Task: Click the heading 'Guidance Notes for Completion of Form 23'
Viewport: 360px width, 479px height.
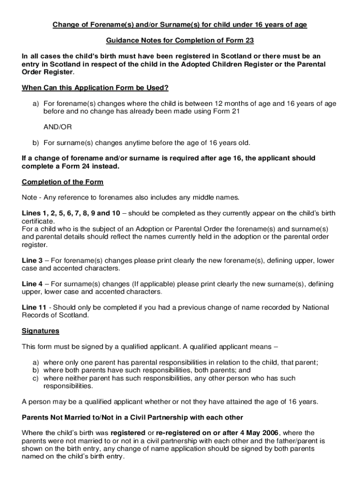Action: coord(180,41)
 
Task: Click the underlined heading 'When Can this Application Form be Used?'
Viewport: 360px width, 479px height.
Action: coord(95,88)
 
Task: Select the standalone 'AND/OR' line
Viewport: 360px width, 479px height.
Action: coord(58,127)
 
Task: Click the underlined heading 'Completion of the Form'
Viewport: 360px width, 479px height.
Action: coord(63,182)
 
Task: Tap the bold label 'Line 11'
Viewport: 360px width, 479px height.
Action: coord(34,308)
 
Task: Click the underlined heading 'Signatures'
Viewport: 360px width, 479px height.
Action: coord(41,331)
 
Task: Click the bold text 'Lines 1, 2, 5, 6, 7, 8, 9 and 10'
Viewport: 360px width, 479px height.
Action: coord(71,213)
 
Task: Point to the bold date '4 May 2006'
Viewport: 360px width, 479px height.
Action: coord(257,433)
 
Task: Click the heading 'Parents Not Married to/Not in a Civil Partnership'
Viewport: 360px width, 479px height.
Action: coord(132,417)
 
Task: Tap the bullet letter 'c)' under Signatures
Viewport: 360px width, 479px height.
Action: coord(36,378)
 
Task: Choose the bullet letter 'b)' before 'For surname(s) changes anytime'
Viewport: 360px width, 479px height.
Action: coord(36,143)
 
